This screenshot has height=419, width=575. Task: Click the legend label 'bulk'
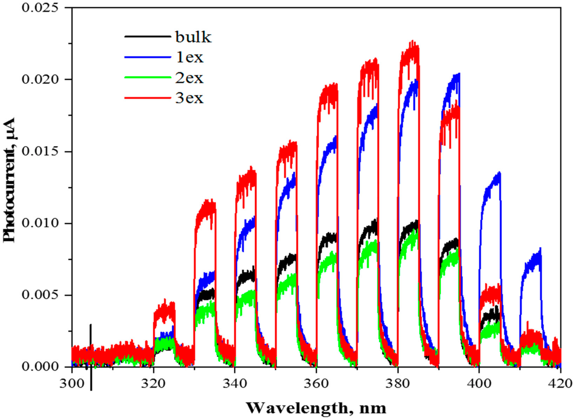193,37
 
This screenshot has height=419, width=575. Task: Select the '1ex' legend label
189,58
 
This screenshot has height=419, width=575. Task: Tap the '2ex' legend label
189,78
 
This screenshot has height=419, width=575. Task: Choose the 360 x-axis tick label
316,383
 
